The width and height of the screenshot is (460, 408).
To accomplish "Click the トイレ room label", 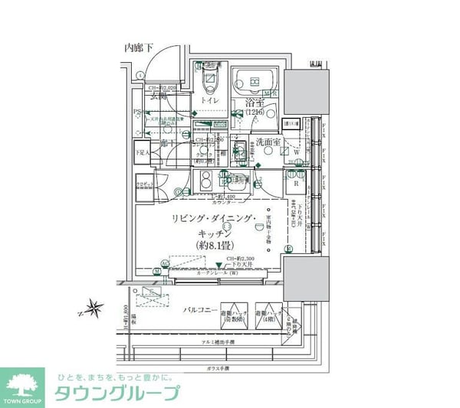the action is click(210, 101).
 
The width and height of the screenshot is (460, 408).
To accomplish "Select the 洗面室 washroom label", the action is click(268, 142).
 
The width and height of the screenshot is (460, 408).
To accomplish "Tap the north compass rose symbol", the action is click(95, 309).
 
